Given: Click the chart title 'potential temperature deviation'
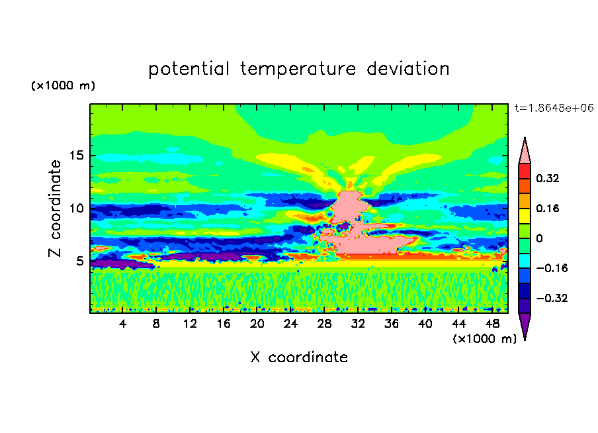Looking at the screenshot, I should pos(298,69).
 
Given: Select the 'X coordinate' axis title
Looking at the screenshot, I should pos(299,358).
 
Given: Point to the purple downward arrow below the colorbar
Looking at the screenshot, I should pos(525,326).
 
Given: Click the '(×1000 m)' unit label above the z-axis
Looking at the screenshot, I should pos(63,86).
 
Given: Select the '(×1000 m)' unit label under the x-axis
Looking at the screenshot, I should pos(484,339).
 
